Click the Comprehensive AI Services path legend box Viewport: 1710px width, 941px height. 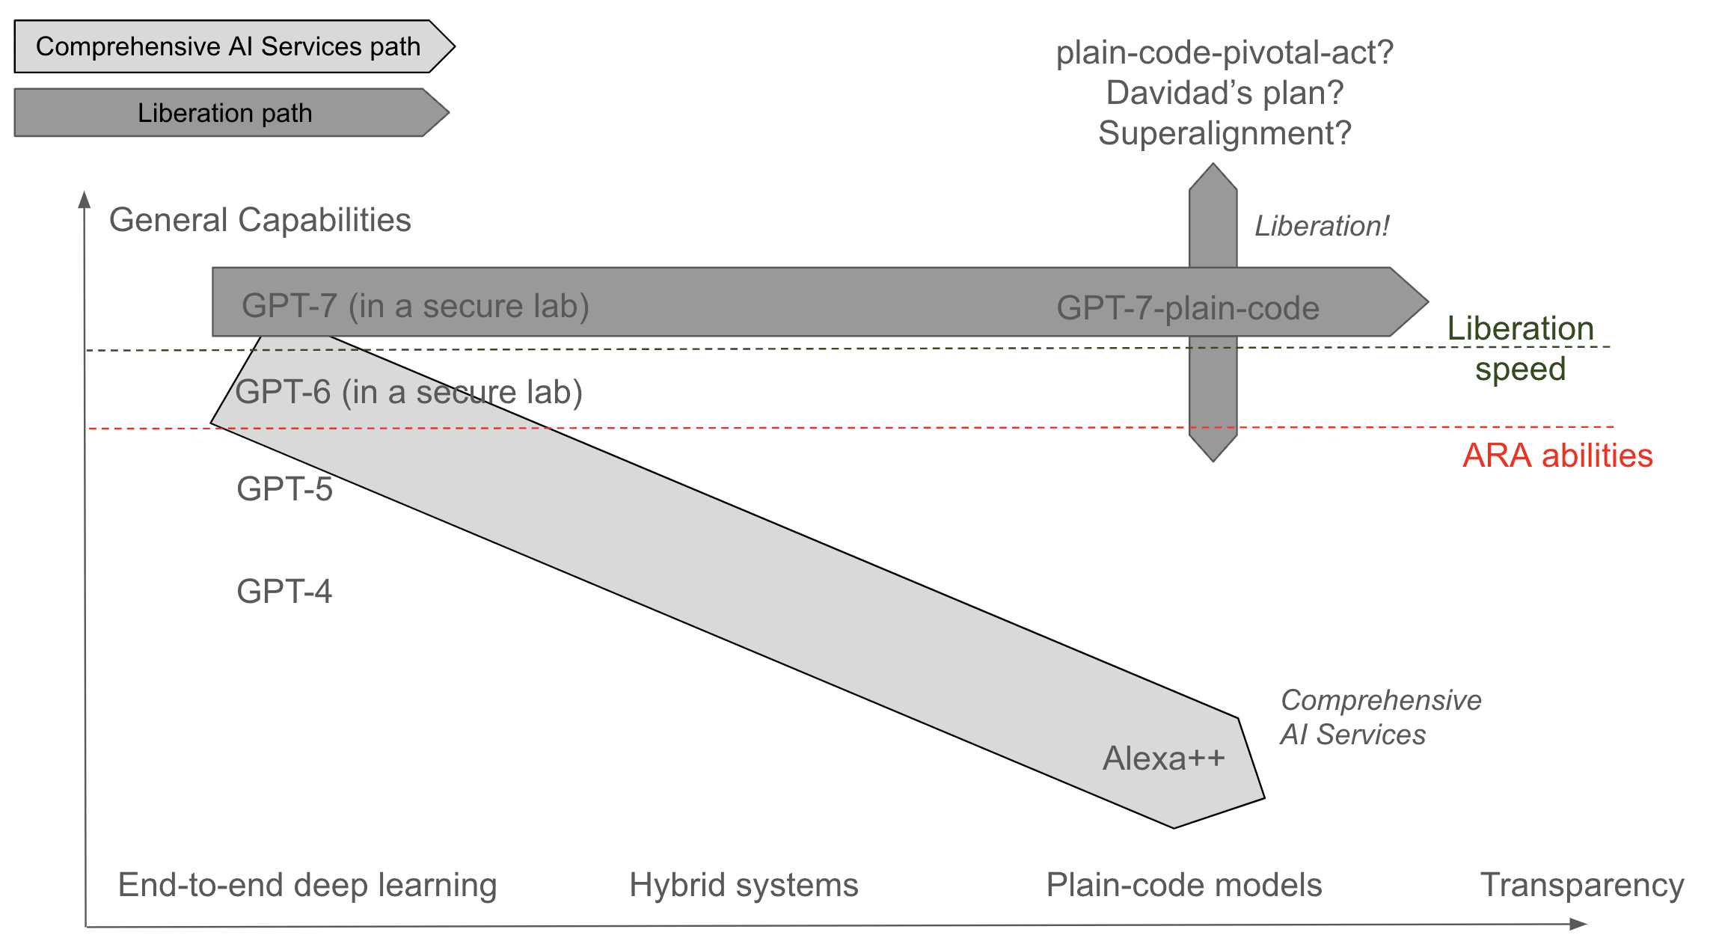(228, 46)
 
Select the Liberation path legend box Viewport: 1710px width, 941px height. (225, 113)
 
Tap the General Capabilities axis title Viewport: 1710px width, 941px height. (260, 220)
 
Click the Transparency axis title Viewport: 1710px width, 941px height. (1582, 885)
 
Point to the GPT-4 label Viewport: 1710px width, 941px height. (284, 591)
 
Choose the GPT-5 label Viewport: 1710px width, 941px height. (284, 488)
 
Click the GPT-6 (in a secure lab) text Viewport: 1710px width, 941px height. (408, 392)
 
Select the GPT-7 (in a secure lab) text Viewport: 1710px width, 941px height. (415, 306)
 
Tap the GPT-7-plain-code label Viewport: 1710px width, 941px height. (1187, 308)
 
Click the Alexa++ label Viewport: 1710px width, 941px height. (1164, 758)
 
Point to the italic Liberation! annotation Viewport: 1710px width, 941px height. (1322, 226)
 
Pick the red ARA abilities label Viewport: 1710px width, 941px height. (1557, 456)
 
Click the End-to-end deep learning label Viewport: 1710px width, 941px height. (307, 885)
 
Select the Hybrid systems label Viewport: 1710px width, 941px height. (744, 885)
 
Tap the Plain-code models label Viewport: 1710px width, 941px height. (1184, 885)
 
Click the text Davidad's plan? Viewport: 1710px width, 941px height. (1225, 93)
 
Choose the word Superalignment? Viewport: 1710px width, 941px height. (1225, 133)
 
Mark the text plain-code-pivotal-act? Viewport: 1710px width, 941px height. (1225, 52)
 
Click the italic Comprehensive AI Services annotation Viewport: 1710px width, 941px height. (1380, 717)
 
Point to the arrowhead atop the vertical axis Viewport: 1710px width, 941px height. (85, 199)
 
